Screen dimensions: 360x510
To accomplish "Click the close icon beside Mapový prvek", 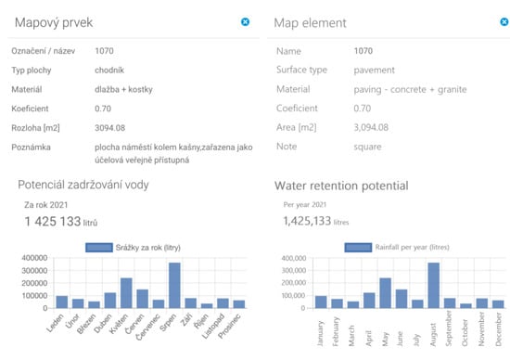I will click(245, 20).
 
